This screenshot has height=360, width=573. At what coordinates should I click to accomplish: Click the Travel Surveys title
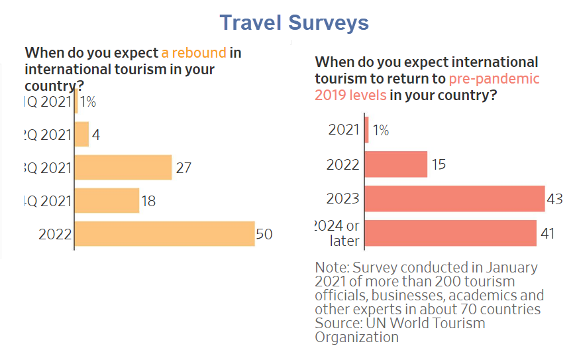(294, 23)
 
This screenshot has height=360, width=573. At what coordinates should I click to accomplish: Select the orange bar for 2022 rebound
(164, 233)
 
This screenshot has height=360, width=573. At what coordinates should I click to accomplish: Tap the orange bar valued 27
(123, 167)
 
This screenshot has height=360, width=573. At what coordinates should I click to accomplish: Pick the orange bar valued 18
(107, 200)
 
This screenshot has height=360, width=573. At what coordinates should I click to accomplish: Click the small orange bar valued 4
(81, 135)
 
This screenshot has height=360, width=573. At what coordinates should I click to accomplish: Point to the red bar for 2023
(454, 198)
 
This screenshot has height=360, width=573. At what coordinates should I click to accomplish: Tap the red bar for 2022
(396, 164)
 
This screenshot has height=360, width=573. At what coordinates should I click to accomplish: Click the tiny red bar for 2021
(366, 130)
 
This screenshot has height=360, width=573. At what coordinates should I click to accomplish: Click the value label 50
(264, 234)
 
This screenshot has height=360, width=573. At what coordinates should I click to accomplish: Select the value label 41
(548, 233)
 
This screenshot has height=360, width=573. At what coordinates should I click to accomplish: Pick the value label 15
(439, 164)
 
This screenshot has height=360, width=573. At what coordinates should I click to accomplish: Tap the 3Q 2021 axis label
(47, 168)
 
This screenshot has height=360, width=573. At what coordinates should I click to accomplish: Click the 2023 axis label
(343, 198)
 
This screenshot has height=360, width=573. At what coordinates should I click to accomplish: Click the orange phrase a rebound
(193, 53)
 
